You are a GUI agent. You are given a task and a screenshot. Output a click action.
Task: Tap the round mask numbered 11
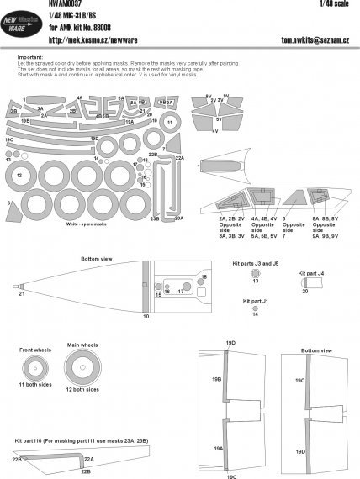(x=169, y=121)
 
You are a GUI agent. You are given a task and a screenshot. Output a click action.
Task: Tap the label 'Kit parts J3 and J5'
(x=255, y=263)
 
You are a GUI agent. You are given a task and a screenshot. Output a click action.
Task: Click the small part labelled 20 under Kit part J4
(x=304, y=283)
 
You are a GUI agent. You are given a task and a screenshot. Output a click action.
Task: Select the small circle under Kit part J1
(x=256, y=308)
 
